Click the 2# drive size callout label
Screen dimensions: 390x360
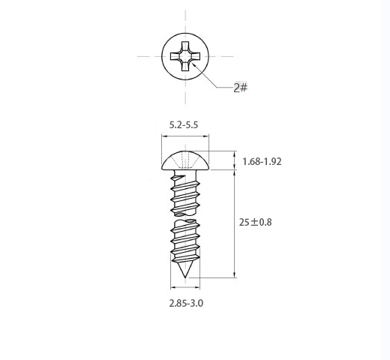click(240, 88)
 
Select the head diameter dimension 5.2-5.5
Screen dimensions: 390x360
click(184, 124)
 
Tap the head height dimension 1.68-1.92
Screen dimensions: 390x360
click(262, 161)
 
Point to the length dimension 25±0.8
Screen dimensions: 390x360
click(255, 222)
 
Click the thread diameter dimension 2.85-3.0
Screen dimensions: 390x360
click(186, 303)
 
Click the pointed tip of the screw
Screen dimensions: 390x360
click(185, 277)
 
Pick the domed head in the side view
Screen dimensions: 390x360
click(185, 160)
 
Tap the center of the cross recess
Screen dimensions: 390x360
click(185, 56)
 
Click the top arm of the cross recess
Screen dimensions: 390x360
click(185, 46)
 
